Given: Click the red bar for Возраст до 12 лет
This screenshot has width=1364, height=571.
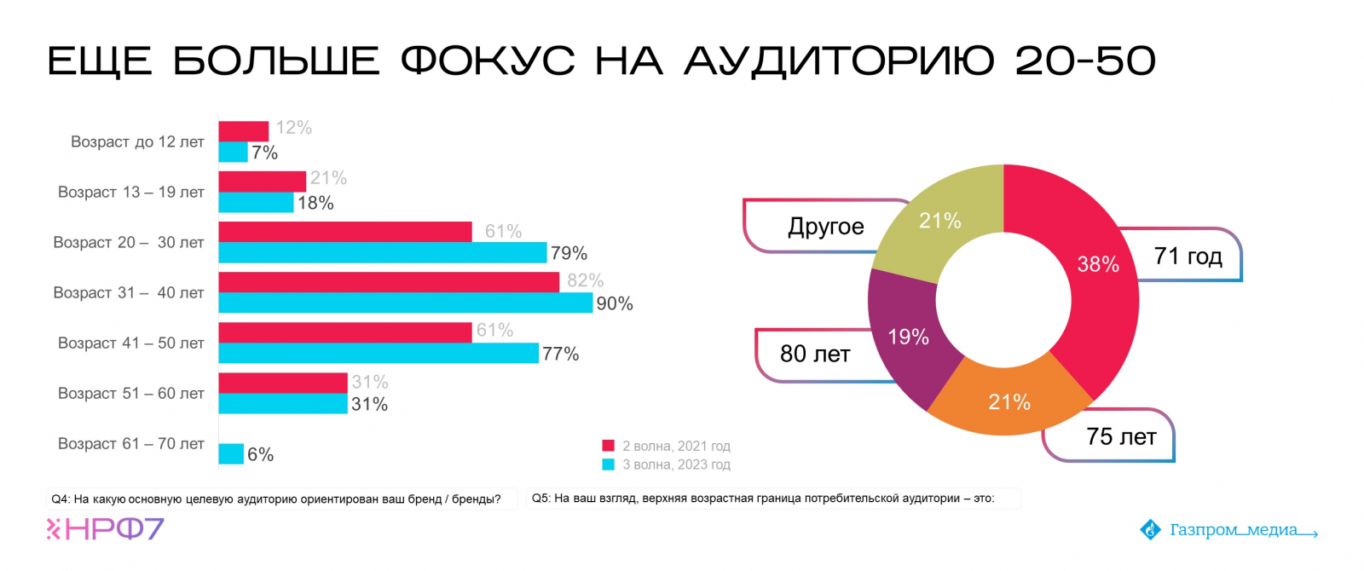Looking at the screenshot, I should (x=244, y=131).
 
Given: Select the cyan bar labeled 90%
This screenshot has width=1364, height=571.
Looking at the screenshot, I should (x=405, y=303).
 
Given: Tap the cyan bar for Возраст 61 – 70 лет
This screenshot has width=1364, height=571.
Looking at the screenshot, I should (x=231, y=453).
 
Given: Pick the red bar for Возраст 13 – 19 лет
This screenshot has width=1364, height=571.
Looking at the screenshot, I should (x=262, y=182).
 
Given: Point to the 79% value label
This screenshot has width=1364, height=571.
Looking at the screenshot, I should (x=569, y=253).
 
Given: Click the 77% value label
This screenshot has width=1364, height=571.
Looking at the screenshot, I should (x=561, y=354).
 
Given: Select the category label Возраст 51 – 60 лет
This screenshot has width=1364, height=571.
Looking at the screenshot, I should (x=131, y=393).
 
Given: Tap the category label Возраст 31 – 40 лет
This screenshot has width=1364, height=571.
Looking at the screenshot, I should (x=129, y=292).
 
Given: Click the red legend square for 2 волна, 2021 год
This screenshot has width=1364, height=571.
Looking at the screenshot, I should (x=609, y=446).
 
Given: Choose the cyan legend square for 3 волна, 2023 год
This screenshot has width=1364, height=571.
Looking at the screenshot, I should (x=609, y=464).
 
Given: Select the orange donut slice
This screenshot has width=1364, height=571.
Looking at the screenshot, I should (x=1009, y=401).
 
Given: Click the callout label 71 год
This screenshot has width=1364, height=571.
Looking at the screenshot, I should (x=1188, y=256).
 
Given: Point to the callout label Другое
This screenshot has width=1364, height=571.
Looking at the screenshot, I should (x=825, y=227).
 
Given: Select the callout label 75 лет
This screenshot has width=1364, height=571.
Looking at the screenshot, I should (x=1121, y=437).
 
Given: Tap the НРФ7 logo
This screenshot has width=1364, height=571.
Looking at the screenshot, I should (x=105, y=529).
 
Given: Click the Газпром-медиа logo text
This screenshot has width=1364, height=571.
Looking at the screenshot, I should (x=1233, y=530).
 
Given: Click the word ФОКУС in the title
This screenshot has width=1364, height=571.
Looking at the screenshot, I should (x=488, y=61).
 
